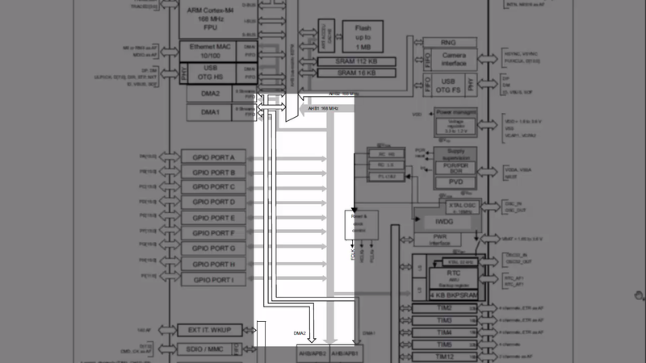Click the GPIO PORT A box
pos(208,157)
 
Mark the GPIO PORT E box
pos(208,219)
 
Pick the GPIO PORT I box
pos(208,280)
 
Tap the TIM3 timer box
pos(444,320)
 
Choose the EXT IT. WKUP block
pos(208,331)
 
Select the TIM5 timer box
pos(444,344)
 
